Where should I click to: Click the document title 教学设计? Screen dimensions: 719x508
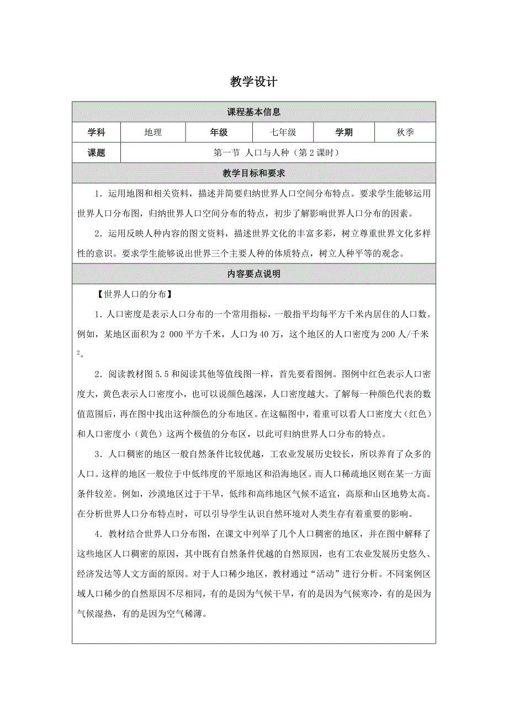[253, 82]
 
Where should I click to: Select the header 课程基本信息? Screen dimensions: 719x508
[253, 112]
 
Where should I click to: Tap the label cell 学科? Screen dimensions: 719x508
[96, 133]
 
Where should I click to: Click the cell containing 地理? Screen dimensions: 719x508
[153, 133]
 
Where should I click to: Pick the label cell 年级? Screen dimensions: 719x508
[219, 133]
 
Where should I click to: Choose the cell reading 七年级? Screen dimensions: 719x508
[283, 133]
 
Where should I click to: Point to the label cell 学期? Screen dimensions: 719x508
[343, 133]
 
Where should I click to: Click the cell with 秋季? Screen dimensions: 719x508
[405, 133]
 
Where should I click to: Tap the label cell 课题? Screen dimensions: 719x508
[96, 153]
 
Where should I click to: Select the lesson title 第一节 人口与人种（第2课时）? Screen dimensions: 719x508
[276, 153]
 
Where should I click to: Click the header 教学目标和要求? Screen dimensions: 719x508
[253, 173]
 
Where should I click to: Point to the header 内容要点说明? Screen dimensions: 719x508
[253, 274]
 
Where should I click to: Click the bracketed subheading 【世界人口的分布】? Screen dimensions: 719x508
[135, 294]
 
